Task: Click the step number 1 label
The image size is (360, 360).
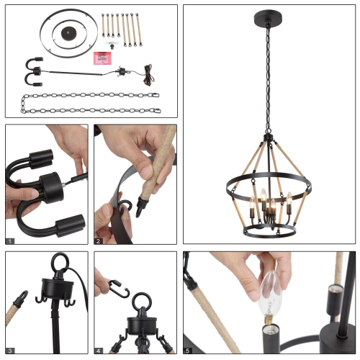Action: (x=10, y=241)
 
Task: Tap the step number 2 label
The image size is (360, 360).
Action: (x=98, y=241)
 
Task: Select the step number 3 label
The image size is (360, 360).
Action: (x=10, y=351)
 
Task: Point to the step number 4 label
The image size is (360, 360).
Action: (x=98, y=351)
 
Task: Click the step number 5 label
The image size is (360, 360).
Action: (x=187, y=351)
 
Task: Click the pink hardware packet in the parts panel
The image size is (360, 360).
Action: (x=103, y=58)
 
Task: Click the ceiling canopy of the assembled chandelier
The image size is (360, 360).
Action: (x=268, y=18)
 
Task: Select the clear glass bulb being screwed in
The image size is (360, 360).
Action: (x=270, y=297)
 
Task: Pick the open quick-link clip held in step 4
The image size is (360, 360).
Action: (x=120, y=289)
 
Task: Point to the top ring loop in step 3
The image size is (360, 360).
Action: (x=60, y=262)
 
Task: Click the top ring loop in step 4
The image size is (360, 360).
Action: (x=142, y=302)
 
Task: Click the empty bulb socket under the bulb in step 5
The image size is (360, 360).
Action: (x=271, y=338)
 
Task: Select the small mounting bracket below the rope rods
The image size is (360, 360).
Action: (x=112, y=45)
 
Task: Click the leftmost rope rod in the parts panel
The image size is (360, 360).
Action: (x=103, y=25)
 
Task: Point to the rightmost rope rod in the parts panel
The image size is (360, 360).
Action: (x=139, y=30)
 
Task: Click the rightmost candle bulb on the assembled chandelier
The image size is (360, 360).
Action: (x=289, y=198)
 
